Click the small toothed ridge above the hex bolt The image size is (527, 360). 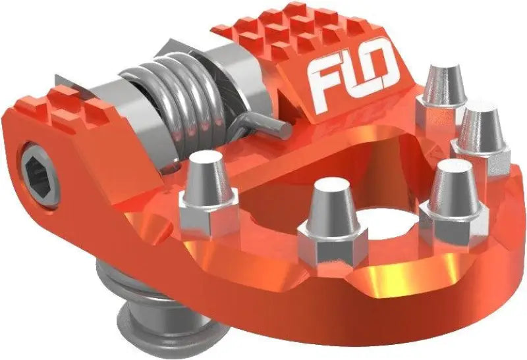(x=72, y=105)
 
